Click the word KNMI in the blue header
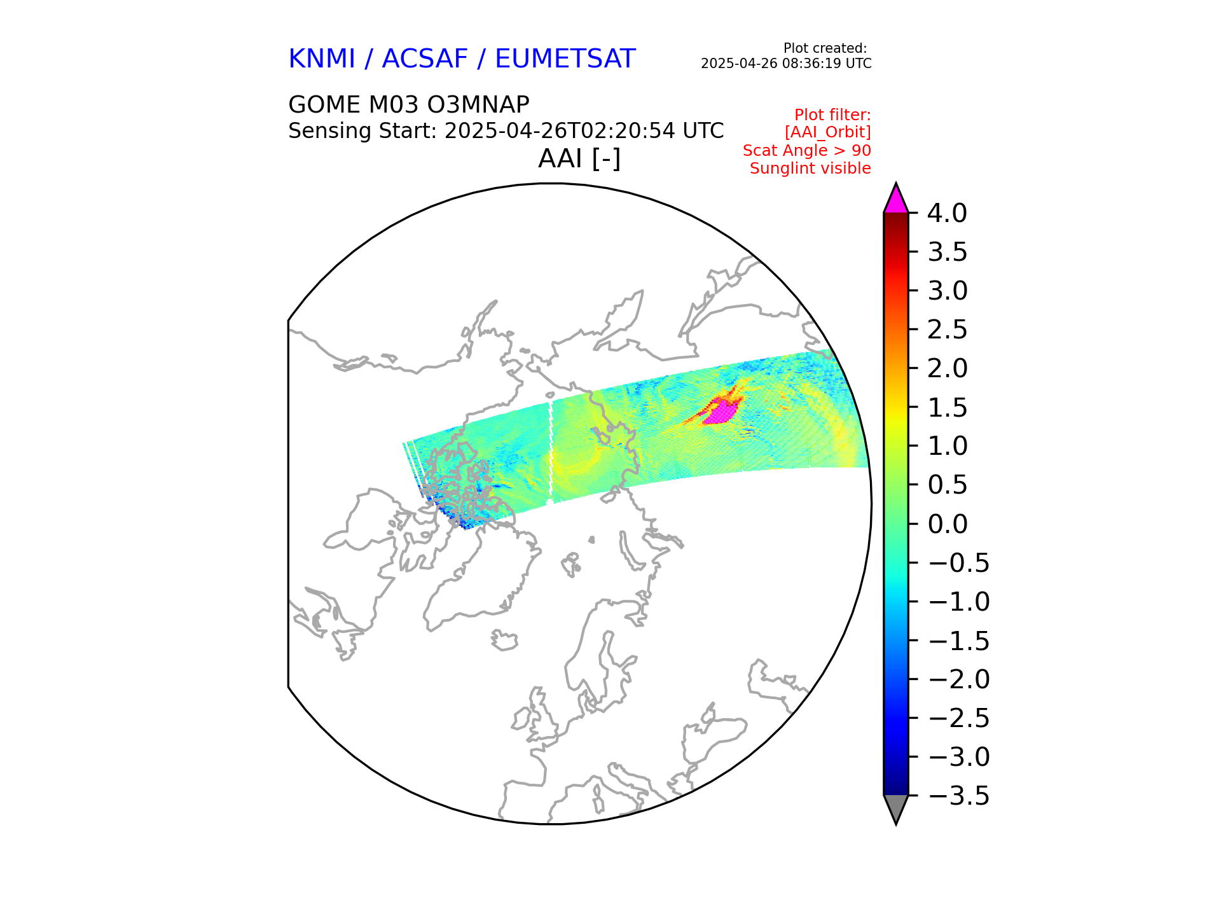(x=321, y=59)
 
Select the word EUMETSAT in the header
(x=565, y=59)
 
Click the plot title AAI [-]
(x=579, y=158)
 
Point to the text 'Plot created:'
(x=825, y=48)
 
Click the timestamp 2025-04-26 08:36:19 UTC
(x=786, y=64)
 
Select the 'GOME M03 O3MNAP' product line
(x=408, y=105)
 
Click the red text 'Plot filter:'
(x=832, y=115)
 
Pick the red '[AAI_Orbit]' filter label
(x=827, y=132)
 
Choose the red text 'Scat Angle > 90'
(x=806, y=151)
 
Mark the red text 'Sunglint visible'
(x=810, y=169)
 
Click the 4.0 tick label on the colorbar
(x=947, y=213)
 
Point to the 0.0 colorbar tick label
(x=947, y=524)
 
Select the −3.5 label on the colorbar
(x=959, y=796)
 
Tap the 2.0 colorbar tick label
(x=947, y=368)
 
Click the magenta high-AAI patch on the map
(x=722, y=412)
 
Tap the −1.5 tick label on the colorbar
(x=959, y=641)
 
